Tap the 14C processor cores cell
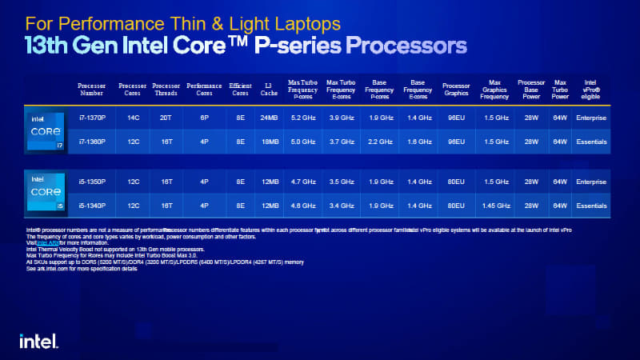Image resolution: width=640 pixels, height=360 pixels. click(133, 118)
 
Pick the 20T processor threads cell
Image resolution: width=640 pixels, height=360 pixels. click(166, 118)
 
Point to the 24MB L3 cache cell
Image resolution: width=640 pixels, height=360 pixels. click(269, 118)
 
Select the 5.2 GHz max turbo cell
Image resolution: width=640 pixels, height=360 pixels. click(303, 118)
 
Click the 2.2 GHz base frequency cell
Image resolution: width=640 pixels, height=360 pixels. click(380, 142)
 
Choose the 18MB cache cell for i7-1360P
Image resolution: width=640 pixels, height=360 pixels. click(269, 142)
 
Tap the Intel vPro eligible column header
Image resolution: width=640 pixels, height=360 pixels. click(591, 90)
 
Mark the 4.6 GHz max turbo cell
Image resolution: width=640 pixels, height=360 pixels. click(303, 206)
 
